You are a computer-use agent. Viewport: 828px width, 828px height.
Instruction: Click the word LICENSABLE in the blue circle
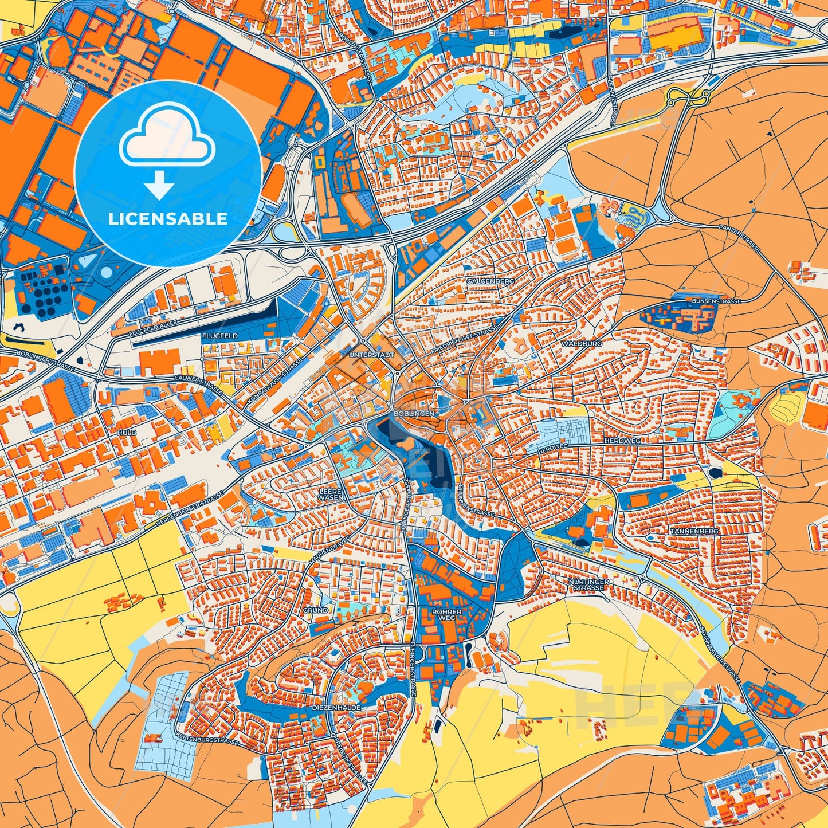168,219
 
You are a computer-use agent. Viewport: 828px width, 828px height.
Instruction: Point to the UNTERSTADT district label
371,355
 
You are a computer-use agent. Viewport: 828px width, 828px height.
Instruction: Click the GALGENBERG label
490,281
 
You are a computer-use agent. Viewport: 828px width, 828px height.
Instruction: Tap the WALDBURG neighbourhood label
582,343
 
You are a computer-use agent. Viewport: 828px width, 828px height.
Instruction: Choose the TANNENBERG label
694,531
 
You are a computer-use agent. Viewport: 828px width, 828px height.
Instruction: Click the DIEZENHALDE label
336,708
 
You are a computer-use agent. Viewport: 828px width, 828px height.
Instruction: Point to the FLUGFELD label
219,336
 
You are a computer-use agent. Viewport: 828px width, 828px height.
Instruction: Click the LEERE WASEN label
331,494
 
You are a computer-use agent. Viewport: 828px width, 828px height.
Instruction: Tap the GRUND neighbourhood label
315,610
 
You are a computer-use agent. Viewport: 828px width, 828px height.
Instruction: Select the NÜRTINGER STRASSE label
589,584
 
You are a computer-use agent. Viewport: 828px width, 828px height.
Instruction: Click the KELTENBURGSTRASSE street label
207,740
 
